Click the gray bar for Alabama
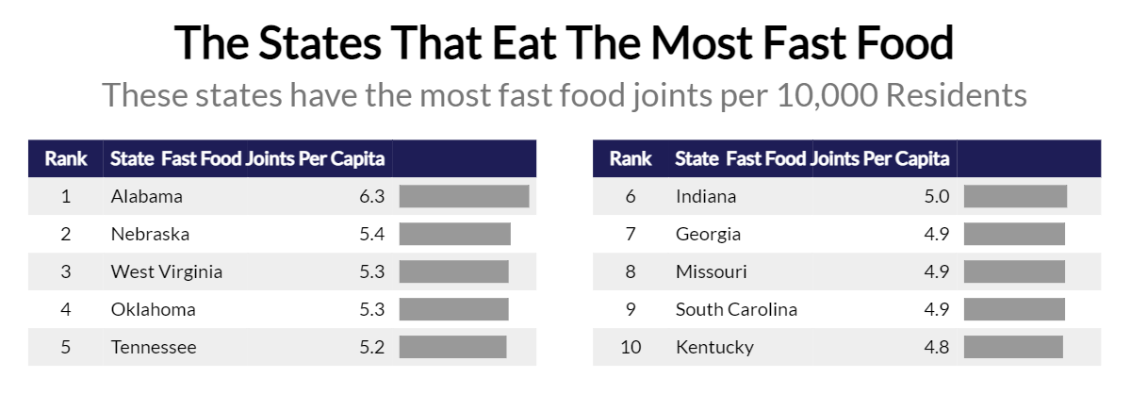click(464, 196)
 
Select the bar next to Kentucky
click(1013, 347)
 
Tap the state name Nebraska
click(150, 234)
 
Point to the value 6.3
click(372, 197)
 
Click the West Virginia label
click(167, 271)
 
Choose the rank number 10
click(631, 347)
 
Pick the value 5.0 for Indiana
click(937, 197)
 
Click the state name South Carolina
click(736, 309)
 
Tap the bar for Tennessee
click(452, 347)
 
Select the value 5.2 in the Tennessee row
click(372, 347)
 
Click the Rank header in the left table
click(66, 158)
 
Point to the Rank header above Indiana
click(631, 158)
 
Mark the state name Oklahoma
click(154, 309)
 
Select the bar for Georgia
click(1014, 234)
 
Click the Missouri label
click(712, 271)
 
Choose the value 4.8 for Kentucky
click(937, 347)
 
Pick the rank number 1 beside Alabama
click(66, 197)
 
